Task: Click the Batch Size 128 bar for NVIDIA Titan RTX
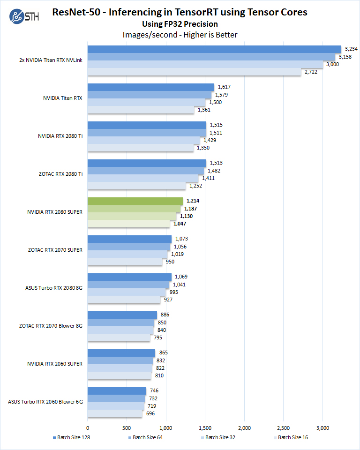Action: point(150,87)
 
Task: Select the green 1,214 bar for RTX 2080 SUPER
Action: point(135,201)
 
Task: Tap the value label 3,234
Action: point(351,49)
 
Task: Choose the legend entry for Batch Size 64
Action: point(147,437)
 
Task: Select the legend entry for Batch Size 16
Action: point(292,437)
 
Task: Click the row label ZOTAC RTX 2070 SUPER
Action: point(55,250)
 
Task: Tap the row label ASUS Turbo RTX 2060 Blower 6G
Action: point(45,402)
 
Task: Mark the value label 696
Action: point(150,413)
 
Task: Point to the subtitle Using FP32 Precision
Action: point(180,24)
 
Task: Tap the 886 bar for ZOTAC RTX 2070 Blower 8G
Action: point(122,315)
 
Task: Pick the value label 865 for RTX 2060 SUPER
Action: point(164,352)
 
